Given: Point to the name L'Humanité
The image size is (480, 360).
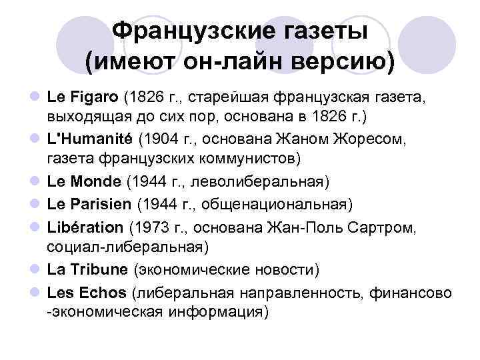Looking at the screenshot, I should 90,139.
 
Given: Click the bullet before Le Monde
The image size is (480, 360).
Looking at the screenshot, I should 35,181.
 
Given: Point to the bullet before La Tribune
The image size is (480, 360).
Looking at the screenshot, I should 35,270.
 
